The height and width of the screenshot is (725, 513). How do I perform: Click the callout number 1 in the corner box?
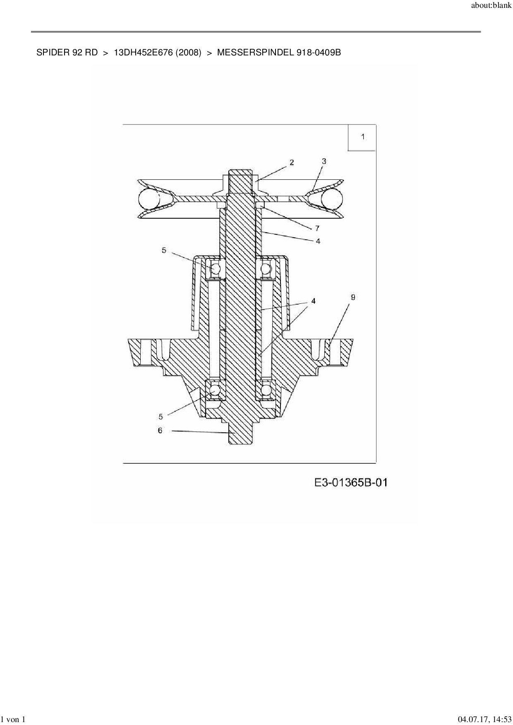pos(363,137)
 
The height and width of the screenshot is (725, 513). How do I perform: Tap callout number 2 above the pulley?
pos(292,162)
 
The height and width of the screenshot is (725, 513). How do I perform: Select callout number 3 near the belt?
pos(324,161)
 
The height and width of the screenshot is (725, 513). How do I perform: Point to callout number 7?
pos(317,228)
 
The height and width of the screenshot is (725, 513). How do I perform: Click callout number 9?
pos(353,297)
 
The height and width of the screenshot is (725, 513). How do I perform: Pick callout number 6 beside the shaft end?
pos(160,431)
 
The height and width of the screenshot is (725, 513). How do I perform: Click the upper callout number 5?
pos(164,250)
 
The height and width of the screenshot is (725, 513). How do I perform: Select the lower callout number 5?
pos(161,417)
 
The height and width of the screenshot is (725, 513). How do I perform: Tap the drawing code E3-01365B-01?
pos(351,482)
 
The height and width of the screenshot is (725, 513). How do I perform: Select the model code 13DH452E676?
pos(143,52)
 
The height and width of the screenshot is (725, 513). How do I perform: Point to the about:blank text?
pos(491,6)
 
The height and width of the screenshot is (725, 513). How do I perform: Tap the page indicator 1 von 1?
pos(13,719)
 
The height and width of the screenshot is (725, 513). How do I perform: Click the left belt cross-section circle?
pos(149,199)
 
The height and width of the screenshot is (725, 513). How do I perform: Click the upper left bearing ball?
pos(215,269)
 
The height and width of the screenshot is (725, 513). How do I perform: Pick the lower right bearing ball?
pos(266,390)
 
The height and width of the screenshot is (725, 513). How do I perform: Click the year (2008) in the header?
pos(189,52)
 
